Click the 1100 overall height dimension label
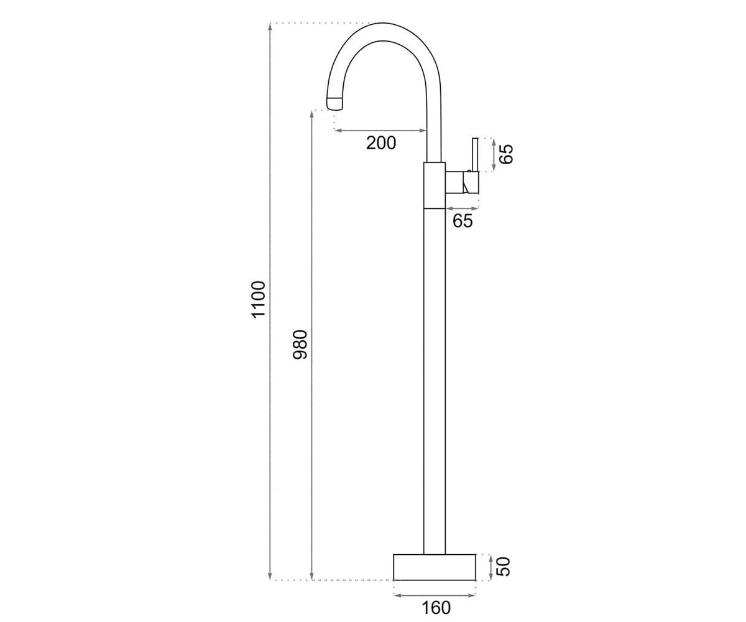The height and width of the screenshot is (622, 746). click(x=259, y=299)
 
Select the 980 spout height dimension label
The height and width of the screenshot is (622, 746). click(x=300, y=344)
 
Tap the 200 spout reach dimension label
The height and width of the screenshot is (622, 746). click(x=381, y=143)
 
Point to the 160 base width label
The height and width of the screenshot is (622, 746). click(x=436, y=608)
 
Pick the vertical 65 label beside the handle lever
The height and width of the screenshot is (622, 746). click(x=506, y=154)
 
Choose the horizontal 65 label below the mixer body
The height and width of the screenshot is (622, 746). click(x=463, y=221)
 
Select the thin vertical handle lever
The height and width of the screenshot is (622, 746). click(x=475, y=154)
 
